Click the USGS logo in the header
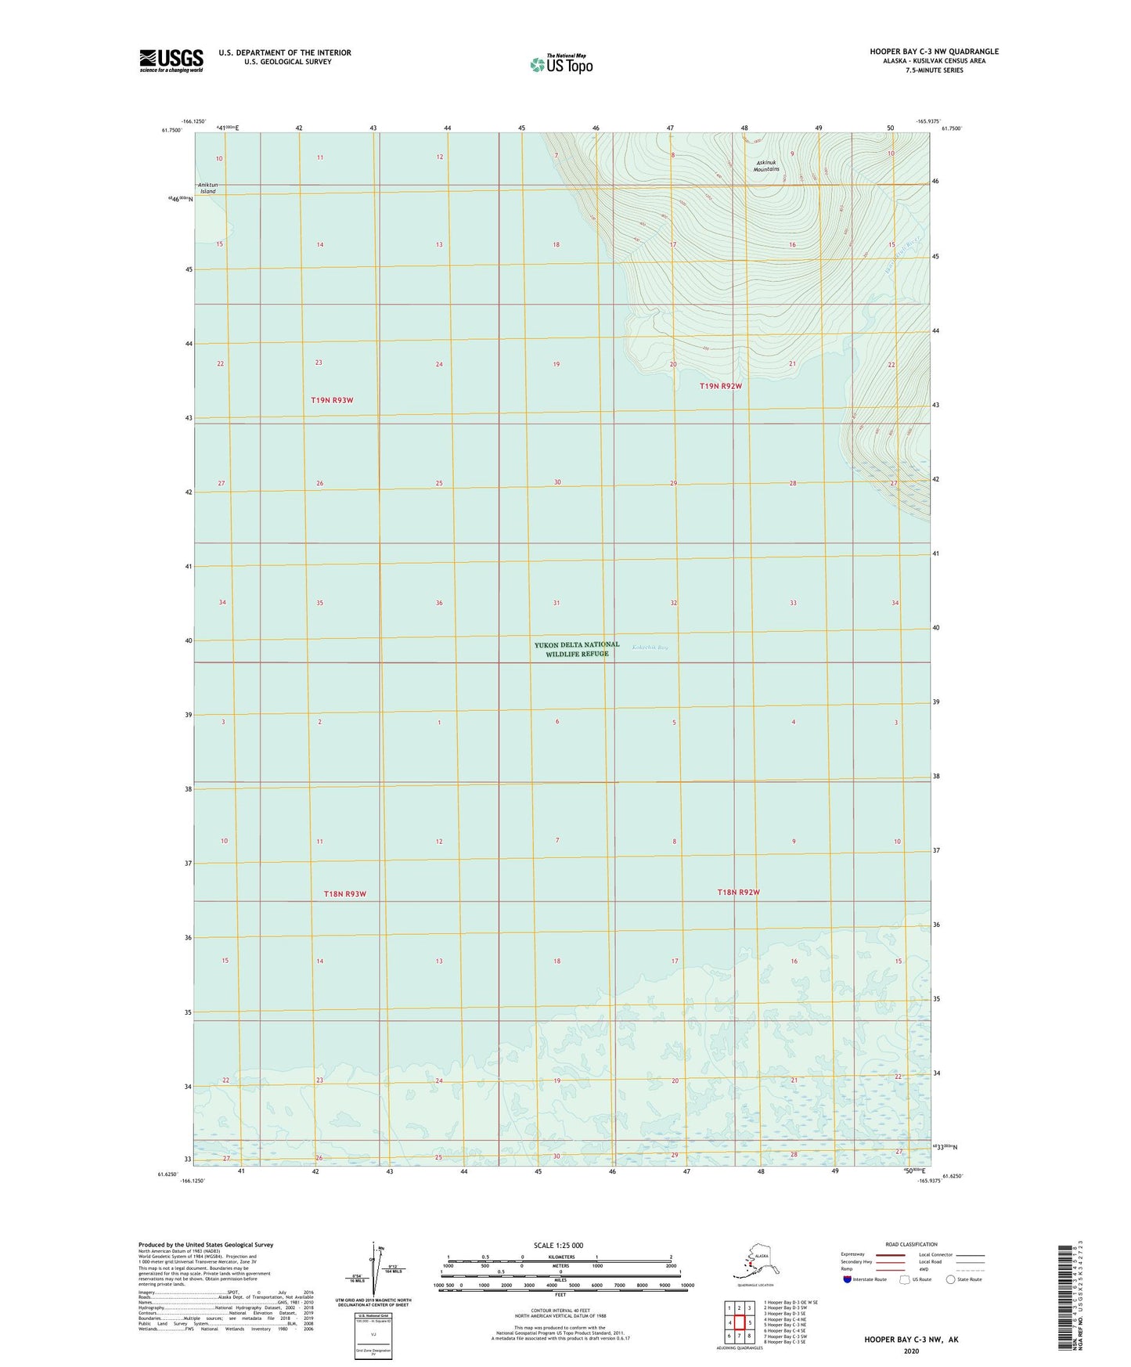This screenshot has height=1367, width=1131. [171, 60]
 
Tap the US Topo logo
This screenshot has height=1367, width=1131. [560, 64]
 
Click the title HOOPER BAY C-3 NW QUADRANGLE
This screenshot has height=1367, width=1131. [934, 52]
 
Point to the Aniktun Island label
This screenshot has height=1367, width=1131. [207, 188]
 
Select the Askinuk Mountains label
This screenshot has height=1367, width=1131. [766, 166]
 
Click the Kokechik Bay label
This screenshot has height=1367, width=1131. [650, 647]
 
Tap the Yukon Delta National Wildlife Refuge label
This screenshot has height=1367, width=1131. [577, 649]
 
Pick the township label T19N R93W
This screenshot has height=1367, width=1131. [332, 400]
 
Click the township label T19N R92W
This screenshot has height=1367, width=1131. [720, 386]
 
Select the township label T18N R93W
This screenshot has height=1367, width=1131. [345, 893]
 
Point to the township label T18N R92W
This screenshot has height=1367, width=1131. [739, 892]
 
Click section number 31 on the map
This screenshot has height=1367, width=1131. [556, 603]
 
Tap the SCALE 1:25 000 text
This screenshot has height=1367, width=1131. [559, 1245]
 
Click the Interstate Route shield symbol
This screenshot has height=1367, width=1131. [848, 1279]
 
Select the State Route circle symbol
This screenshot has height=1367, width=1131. [951, 1279]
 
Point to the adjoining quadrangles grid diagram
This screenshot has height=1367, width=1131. [739, 1322]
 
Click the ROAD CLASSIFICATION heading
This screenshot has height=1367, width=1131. [911, 1244]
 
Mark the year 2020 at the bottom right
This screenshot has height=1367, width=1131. [911, 1351]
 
